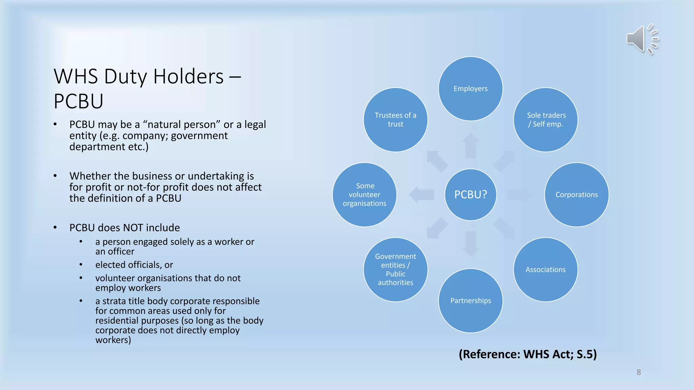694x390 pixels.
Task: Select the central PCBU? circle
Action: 470,195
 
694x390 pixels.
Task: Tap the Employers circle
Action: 470,89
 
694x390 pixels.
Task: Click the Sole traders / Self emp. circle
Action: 546,120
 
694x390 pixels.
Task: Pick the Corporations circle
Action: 576,195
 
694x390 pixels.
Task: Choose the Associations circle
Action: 546,270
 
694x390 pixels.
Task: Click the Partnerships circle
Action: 470,301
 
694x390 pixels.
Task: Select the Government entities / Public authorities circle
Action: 395,270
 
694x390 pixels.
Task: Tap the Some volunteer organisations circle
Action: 365,195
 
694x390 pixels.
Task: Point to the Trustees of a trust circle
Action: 395,120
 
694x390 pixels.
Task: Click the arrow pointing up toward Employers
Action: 470,146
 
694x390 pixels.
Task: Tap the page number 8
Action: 638,372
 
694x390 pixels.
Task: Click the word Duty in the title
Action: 125,77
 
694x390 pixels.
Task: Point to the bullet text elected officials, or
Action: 134,265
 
